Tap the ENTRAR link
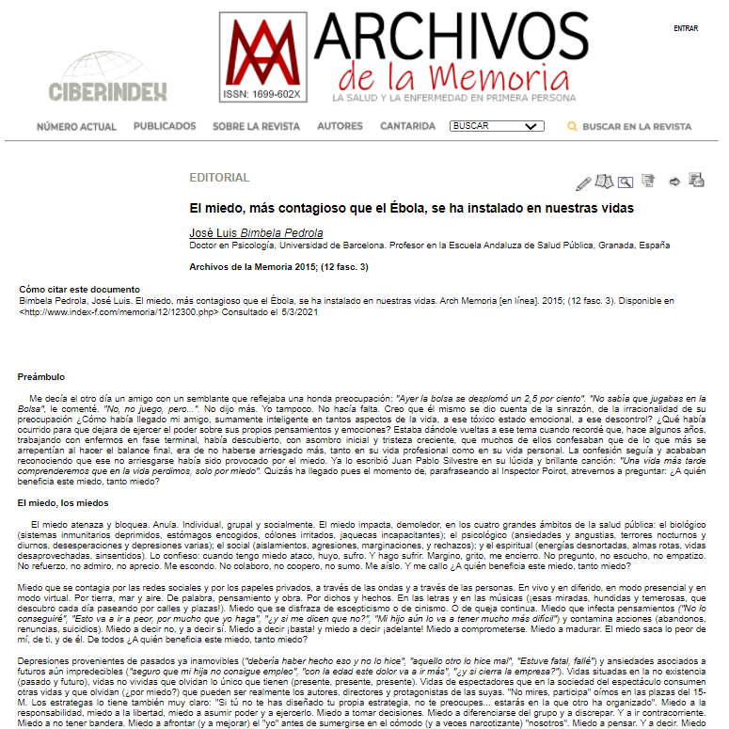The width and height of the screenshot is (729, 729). [x=686, y=28]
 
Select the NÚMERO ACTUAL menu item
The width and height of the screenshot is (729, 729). [x=77, y=126]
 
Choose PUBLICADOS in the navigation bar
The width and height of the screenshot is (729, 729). [x=165, y=126]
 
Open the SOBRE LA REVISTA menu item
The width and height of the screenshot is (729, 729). [x=256, y=126]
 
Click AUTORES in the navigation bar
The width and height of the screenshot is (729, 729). [x=340, y=126]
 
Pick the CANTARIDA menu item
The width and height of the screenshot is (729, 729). [x=407, y=126]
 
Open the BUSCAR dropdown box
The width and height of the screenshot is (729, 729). [x=497, y=126]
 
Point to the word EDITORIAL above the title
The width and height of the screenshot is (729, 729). [x=219, y=178]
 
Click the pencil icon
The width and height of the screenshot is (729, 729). [x=583, y=182]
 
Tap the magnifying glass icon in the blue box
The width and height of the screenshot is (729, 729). [x=626, y=182]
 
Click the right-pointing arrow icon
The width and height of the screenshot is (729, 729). [x=674, y=182]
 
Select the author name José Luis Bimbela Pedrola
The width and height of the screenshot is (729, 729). [x=256, y=232]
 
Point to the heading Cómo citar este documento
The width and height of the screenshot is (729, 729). [x=79, y=289]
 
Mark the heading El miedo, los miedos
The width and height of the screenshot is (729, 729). [x=62, y=503]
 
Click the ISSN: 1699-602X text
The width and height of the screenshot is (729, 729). [x=262, y=95]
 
